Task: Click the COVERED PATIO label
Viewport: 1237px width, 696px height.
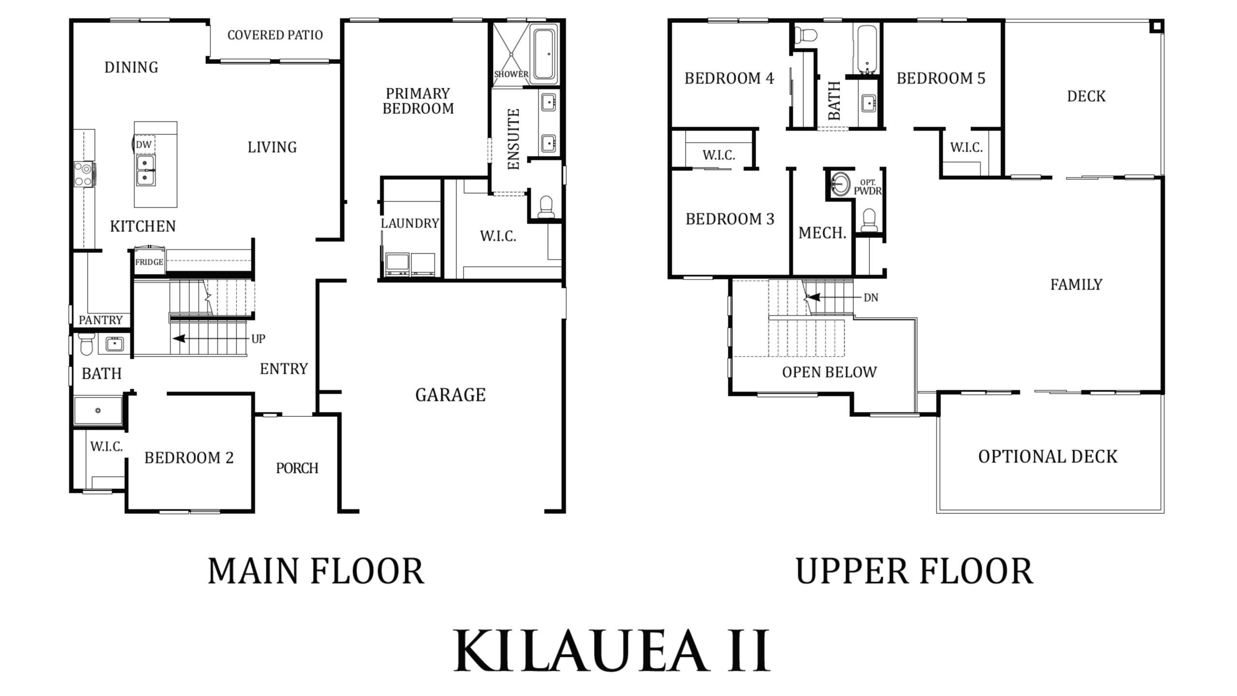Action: tap(275, 35)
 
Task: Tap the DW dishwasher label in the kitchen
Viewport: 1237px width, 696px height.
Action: tap(144, 145)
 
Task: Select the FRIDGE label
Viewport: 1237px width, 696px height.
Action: tap(149, 262)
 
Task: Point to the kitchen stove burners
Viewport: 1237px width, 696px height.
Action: tap(84, 174)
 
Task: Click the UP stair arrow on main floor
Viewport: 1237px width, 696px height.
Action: tap(211, 338)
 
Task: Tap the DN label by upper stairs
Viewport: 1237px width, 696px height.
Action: tap(871, 298)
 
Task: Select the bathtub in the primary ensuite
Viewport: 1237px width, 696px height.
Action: tap(544, 54)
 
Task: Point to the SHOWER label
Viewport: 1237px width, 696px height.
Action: tap(511, 74)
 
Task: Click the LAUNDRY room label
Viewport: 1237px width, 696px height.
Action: tap(410, 223)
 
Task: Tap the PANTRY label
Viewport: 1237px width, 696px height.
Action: tap(101, 320)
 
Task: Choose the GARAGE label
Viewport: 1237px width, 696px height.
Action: tap(450, 395)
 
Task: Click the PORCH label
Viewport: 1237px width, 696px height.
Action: tap(297, 468)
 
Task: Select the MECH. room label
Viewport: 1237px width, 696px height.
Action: tap(822, 233)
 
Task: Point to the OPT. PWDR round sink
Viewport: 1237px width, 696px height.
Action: tap(841, 184)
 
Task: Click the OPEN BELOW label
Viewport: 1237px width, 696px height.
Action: tap(829, 372)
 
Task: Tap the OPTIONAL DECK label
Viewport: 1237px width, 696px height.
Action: tap(1048, 457)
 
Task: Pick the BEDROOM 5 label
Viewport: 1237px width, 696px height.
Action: tap(941, 78)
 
